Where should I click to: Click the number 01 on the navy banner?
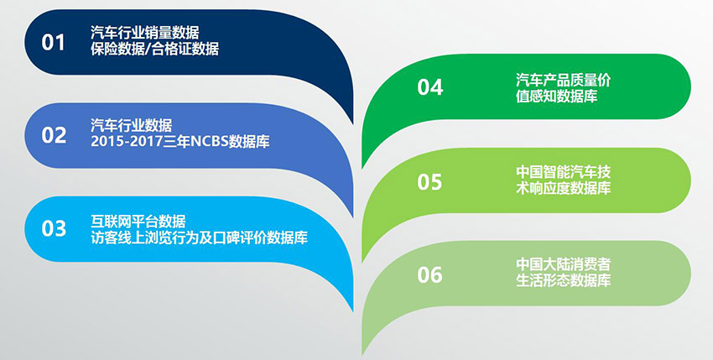pyautogui.click(x=53, y=42)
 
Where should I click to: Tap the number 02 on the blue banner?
pyautogui.click(x=54, y=135)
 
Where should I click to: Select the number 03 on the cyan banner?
pyautogui.click(x=54, y=228)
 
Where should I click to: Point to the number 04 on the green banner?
pyautogui.click(x=429, y=87)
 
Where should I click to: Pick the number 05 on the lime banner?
pyautogui.click(x=429, y=181)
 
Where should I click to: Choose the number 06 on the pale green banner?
pyautogui.click(x=429, y=274)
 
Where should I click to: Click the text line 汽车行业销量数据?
pyautogui.click(x=144, y=33)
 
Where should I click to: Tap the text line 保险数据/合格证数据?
pyautogui.click(x=154, y=48)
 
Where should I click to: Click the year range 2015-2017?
pyautogui.click(x=127, y=142)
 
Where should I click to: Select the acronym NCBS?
pyautogui.click(x=209, y=142)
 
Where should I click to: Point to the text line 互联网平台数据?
pyautogui.click(x=138, y=222)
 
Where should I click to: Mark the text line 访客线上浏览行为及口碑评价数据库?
pyautogui.click(x=199, y=237)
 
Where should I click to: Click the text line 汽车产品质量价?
pyautogui.click(x=563, y=80)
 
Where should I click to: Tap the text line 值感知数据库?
pyautogui.click(x=556, y=96)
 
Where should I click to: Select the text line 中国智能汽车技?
pyautogui.click(x=563, y=172)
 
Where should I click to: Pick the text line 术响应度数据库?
pyautogui.click(x=563, y=188)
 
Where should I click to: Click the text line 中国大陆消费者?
pyautogui.click(x=563, y=264)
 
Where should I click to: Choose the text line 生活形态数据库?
pyautogui.click(x=563, y=280)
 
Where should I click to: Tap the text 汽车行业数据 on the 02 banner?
pyautogui.click(x=131, y=125)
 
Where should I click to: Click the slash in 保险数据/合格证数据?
pyautogui.click(x=148, y=48)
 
